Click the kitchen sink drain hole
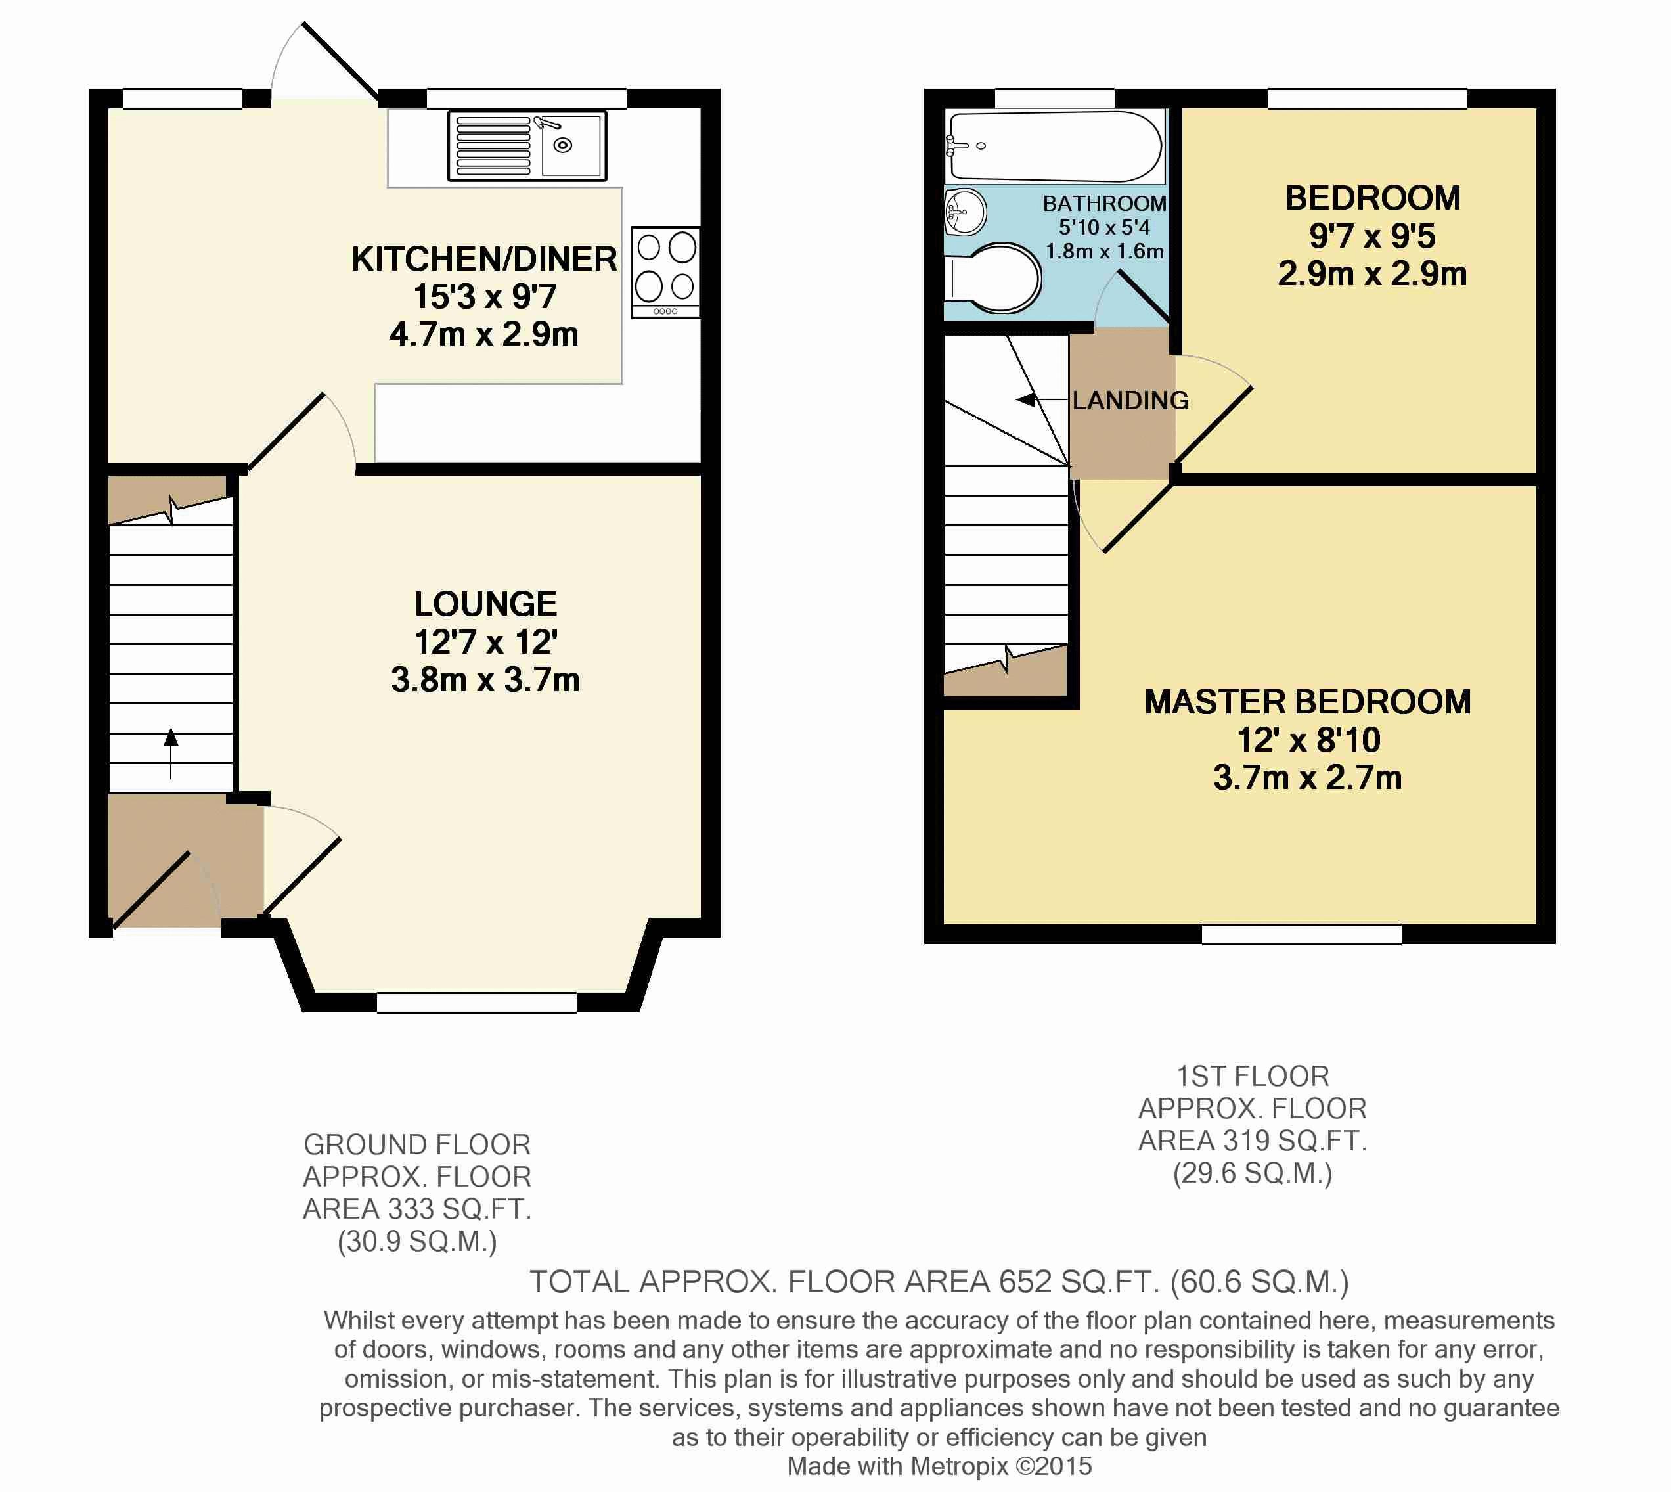point(563,146)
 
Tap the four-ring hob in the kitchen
point(665,272)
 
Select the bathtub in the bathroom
point(1054,146)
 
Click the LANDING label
point(1130,400)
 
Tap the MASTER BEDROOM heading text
point(1307,702)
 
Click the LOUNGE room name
point(485,604)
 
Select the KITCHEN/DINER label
point(484,259)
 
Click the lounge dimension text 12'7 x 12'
point(486,642)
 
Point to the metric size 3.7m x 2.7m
point(1307,777)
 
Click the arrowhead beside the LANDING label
point(1025,400)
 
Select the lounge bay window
point(476,1003)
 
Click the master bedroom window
point(1301,934)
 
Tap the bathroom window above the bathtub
point(1055,99)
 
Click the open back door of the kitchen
point(340,62)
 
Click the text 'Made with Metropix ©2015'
point(939,1466)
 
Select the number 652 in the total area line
point(1025,1281)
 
